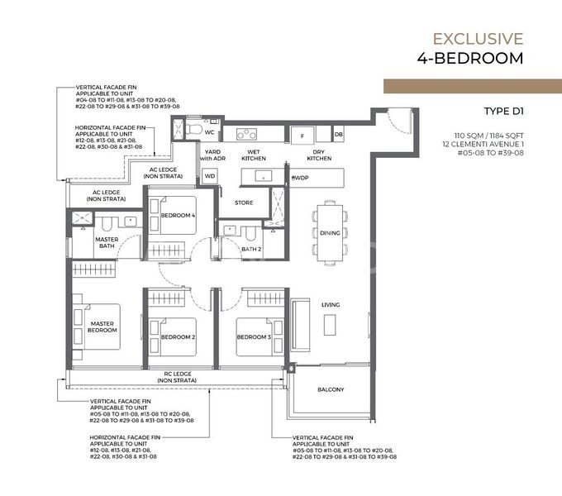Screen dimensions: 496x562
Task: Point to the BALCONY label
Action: click(x=331, y=389)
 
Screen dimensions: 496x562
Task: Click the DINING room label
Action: click(x=330, y=233)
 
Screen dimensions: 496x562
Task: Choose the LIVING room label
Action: click(x=330, y=305)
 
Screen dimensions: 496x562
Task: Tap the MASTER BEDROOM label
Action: click(x=103, y=326)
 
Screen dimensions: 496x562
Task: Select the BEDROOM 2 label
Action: click(x=177, y=337)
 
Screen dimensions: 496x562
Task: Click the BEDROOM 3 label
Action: click(x=253, y=337)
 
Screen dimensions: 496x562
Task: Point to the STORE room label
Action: click(x=244, y=202)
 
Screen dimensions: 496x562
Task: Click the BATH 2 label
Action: click(x=251, y=249)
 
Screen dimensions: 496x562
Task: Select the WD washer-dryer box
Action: click(x=209, y=176)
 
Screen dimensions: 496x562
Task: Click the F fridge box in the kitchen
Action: click(x=302, y=134)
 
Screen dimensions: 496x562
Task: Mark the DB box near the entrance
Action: click(x=339, y=134)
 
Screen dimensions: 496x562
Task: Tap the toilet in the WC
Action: click(x=191, y=129)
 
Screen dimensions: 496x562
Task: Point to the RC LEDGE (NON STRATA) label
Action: click(x=177, y=377)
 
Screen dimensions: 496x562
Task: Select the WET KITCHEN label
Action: click(x=253, y=155)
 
